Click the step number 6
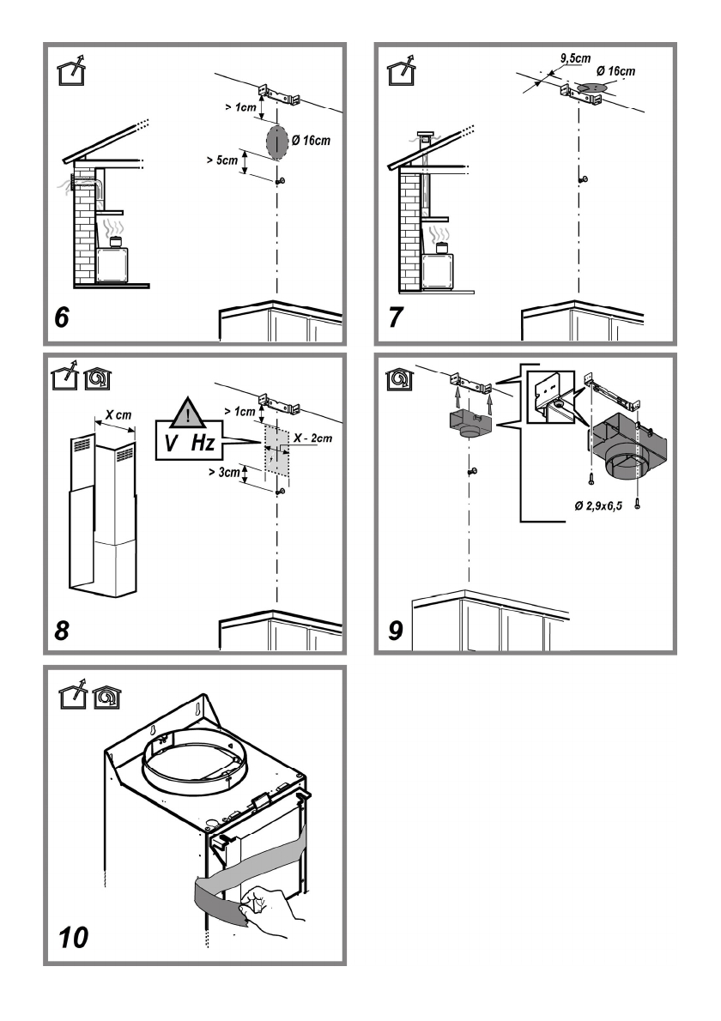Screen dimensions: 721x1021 [62, 317]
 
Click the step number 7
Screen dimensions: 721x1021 [396, 317]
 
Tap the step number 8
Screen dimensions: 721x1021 [62, 631]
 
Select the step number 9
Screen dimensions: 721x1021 [396, 631]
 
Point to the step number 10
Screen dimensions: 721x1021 [73, 938]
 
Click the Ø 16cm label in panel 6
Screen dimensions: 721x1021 [311, 141]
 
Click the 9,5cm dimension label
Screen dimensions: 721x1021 [576, 58]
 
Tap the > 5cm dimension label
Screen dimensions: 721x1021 [222, 160]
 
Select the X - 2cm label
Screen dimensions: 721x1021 [312, 438]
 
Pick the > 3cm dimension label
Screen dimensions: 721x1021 [224, 471]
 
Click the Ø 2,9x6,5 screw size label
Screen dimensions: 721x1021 [598, 505]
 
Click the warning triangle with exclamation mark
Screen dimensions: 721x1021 [188, 412]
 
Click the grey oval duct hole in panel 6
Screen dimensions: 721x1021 [276, 142]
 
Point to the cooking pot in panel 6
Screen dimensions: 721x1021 [116, 242]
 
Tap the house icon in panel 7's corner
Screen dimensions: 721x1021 [402, 70]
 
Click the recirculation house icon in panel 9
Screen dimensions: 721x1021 [399, 378]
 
